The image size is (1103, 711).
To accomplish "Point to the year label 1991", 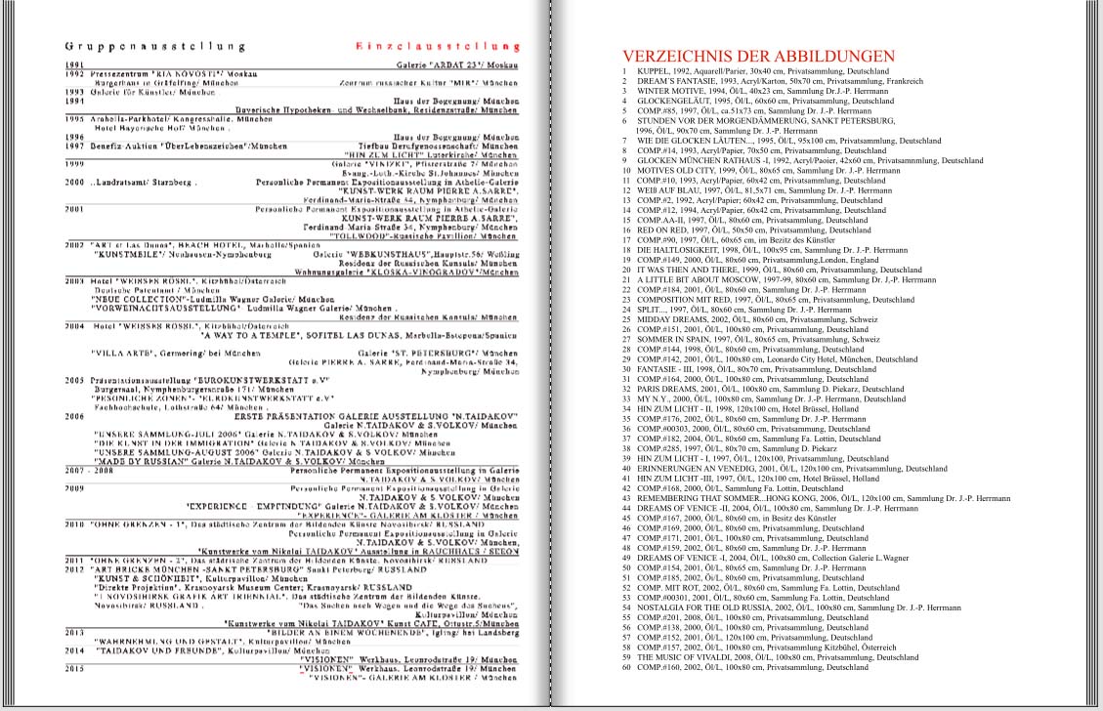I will [x=73, y=63].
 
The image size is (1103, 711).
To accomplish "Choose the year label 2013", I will [x=74, y=631].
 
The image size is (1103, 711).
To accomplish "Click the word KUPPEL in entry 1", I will [x=654, y=72].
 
